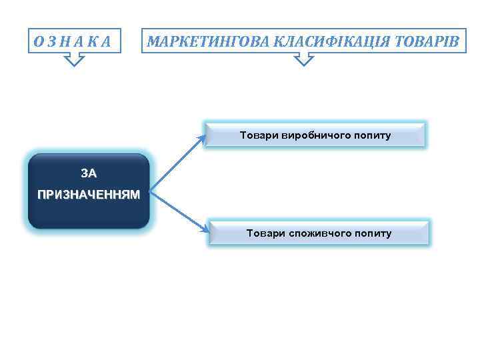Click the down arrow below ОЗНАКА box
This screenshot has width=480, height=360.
[x=75, y=61]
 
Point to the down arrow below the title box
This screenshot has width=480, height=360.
[x=303, y=60]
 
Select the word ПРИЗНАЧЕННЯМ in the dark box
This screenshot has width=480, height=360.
[x=89, y=195]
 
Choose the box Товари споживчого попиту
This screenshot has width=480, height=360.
[x=319, y=233]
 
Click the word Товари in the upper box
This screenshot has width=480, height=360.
[x=255, y=135]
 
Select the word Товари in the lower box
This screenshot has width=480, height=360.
[x=262, y=233]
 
